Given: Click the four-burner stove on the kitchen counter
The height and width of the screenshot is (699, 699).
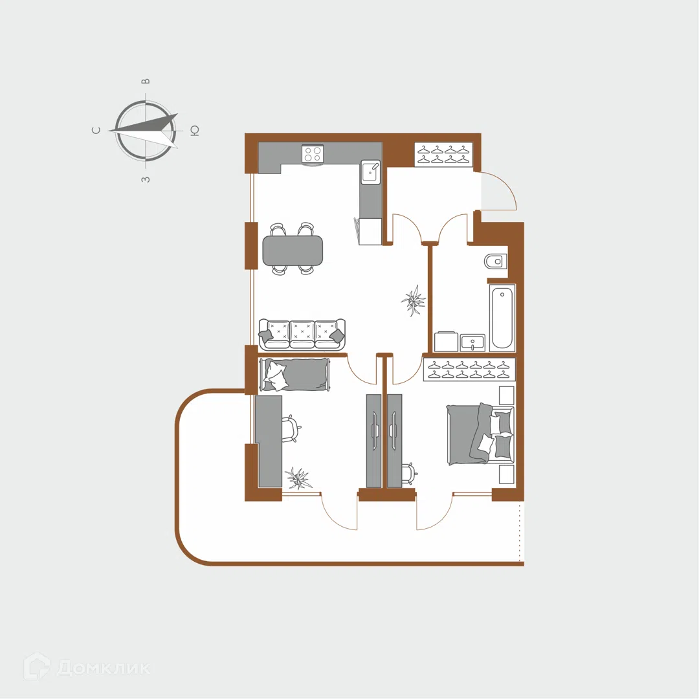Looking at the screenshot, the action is coord(313,154).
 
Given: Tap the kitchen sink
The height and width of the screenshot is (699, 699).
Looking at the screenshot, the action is coord(371,172).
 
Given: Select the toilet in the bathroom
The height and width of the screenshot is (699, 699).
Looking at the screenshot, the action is coord(496,261).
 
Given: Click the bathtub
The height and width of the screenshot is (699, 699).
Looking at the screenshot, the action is coord(502,317).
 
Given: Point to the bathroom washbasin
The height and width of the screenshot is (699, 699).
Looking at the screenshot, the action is coord(472,343).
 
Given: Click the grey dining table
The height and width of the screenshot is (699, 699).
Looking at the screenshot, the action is coord(293,250).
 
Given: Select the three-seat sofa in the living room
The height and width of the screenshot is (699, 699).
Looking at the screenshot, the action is coord(302,333).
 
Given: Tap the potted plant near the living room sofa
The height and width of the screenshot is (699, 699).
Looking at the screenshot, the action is coord(413,301).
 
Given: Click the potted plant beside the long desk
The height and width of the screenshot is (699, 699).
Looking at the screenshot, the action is coord(298,478).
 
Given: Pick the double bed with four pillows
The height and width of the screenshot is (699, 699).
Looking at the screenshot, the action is coord(480,434).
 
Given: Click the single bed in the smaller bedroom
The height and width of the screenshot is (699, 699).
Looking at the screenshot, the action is coord(296,375).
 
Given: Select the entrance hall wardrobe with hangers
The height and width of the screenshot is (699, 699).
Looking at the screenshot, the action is coord(443,155).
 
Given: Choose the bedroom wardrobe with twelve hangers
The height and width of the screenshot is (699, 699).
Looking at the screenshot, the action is coord(469,370).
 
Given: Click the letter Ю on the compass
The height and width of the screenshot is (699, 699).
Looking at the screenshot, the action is coord(195,131).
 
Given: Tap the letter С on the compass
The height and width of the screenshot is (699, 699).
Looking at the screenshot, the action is coord(96,130).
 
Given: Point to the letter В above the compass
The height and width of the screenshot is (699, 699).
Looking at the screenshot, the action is coord(146,81).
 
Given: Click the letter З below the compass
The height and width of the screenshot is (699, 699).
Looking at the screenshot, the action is coord(146,179).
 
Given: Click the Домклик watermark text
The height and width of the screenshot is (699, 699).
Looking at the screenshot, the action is coord(104,668).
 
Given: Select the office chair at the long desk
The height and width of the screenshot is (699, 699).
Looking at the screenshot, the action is coord(291,428).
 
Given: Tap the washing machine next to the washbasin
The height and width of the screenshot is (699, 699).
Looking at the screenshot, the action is coord(446,342).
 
